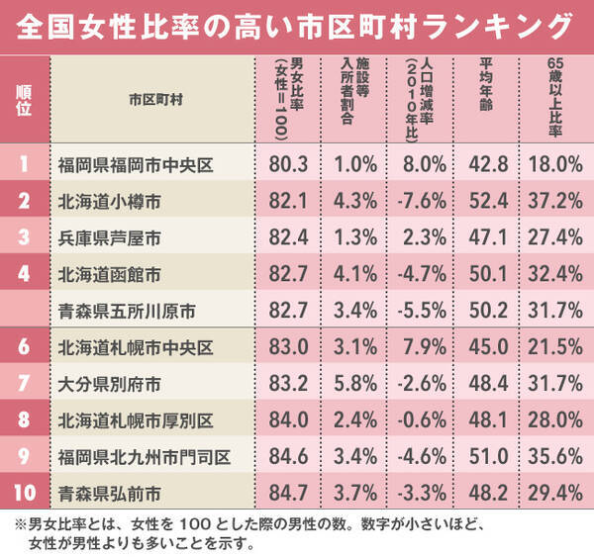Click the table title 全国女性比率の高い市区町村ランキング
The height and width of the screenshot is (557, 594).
click(296, 23)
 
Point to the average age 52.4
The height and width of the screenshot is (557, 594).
click(491, 202)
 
